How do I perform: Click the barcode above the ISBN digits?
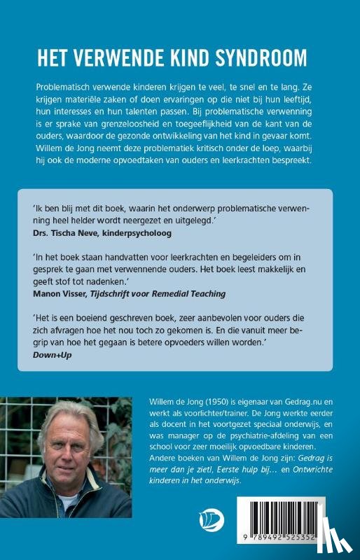coord(293,517)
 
